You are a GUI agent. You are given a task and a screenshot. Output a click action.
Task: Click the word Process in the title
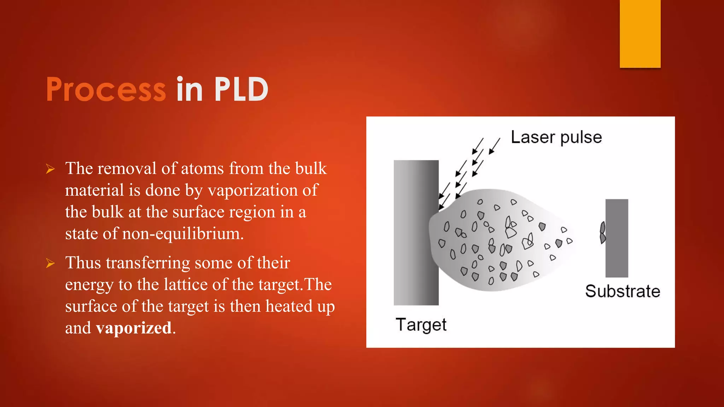pos(106,90)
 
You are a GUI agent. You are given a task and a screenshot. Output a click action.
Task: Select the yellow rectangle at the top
pos(640,34)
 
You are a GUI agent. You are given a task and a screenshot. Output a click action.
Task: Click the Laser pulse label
pos(556,137)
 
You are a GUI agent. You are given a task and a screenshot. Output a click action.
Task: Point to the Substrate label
pos(623,291)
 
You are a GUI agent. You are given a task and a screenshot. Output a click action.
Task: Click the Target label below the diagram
pos(421,325)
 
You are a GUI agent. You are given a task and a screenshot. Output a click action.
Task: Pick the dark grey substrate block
pos(617,238)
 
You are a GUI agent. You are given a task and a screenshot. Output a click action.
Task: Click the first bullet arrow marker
pos(50,169)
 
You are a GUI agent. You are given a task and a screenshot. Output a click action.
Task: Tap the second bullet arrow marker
pos(50,264)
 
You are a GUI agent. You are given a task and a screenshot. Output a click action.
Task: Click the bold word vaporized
pos(134,328)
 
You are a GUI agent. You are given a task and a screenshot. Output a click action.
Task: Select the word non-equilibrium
pos(182,234)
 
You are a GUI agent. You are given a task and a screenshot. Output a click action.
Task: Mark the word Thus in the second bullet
pos(83,263)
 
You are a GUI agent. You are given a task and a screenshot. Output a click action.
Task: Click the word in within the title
pos(189,90)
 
